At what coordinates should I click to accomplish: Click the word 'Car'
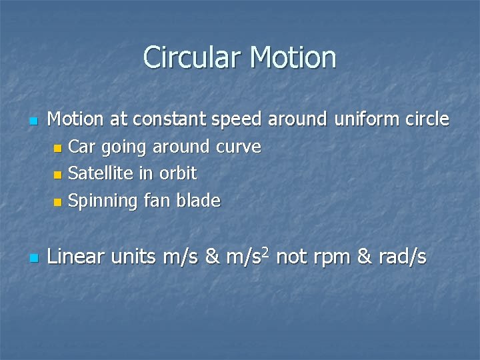tap(82, 147)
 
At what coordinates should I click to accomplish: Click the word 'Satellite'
tap(101, 173)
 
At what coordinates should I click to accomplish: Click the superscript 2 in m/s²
tap(265, 251)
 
